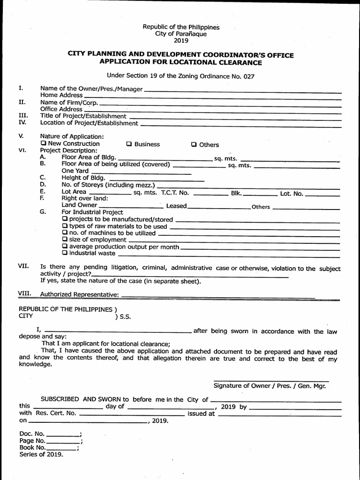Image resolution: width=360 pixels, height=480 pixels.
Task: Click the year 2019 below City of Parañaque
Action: [180, 41]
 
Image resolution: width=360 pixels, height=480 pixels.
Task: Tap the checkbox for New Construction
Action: [44, 143]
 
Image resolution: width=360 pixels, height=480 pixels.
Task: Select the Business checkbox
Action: [129, 144]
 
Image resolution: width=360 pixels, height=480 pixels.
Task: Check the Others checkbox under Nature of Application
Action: [194, 144]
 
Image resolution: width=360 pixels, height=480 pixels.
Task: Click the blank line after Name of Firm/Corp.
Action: [220, 104]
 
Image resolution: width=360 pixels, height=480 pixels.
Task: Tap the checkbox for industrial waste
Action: [65, 253]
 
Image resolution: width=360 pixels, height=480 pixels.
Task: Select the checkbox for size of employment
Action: [65, 240]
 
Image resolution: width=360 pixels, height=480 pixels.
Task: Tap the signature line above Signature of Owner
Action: [271, 381]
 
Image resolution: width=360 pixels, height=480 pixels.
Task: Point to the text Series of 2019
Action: [41, 455]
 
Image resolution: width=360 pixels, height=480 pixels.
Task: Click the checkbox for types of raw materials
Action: [65, 226]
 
